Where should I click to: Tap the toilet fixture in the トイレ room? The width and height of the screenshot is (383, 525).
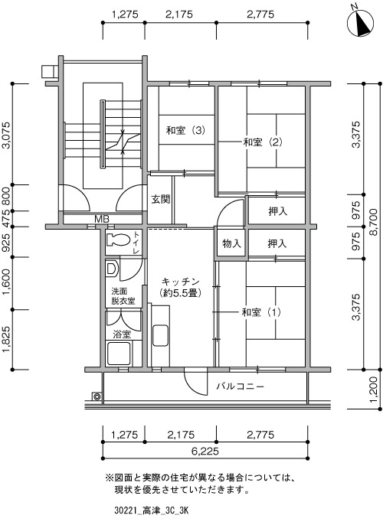118,240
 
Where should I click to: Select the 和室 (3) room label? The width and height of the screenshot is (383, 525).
185,130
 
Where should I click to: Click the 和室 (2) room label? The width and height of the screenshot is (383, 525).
263,142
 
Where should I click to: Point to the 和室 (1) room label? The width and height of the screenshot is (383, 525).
261,312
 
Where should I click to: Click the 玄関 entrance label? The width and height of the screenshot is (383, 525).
161,199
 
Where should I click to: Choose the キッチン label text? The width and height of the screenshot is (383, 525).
180,282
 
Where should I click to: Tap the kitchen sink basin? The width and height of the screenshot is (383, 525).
160,335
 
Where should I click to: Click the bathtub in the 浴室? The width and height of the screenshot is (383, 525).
118,354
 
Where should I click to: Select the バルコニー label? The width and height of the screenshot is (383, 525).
241,386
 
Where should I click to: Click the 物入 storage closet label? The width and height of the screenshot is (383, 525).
231,243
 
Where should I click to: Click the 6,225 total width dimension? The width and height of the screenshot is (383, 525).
205,452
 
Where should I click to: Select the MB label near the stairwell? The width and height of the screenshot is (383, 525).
102,220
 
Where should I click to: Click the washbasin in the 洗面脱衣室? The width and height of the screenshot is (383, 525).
111,268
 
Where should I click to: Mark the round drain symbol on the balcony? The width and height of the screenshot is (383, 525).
97,396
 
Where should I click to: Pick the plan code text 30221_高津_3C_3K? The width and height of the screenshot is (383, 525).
151,511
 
